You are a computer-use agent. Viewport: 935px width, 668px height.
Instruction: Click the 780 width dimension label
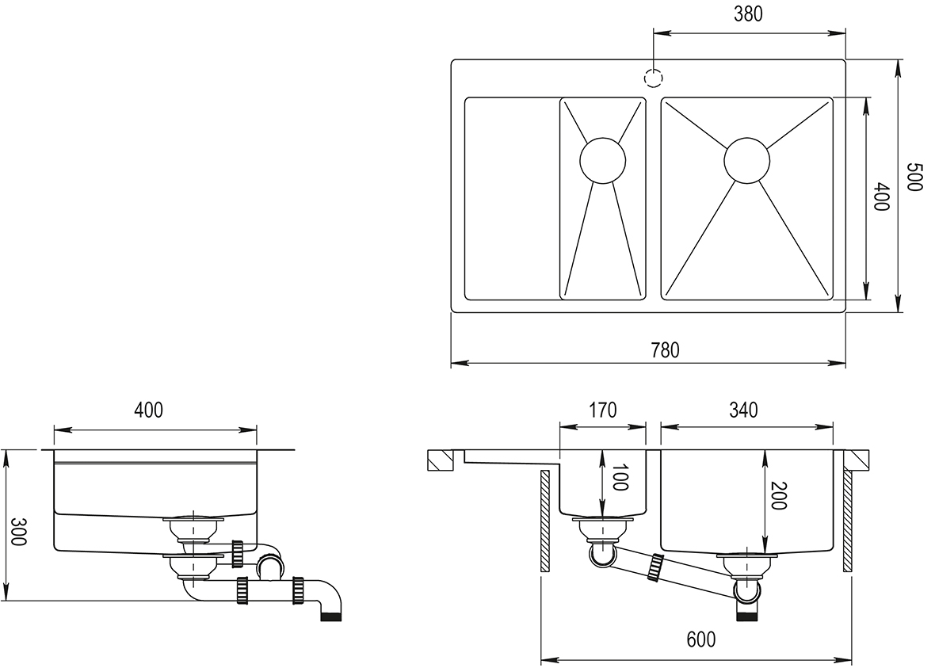coord(664,350)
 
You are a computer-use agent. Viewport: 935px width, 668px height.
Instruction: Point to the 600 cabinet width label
coord(700,639)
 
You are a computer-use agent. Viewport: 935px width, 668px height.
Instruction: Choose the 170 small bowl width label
coord(602,410)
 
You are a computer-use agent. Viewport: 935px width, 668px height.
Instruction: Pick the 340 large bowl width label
coord(744,410)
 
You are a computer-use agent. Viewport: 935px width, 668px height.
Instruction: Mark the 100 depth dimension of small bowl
coord(620,475)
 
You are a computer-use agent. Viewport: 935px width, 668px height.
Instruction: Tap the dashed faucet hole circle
coord(653,79)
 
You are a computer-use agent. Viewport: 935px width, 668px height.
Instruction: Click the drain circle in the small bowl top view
coord(603,160)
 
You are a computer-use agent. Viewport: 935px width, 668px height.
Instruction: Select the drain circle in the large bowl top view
coord(746,161)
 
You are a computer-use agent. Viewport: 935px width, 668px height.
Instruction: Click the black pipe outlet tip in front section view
coord(746,614)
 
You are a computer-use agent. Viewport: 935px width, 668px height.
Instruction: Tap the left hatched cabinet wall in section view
coord(545,521)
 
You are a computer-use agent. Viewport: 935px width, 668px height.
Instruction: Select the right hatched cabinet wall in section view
coord(847,521)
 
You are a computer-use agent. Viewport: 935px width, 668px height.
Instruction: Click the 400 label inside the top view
coord(880,197)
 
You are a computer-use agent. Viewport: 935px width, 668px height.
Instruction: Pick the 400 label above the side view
coord(148,410)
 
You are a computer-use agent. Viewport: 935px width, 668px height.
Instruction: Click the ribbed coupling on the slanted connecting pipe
coord(655,568)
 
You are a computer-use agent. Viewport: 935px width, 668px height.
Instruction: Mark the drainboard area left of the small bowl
coord(511,198)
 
